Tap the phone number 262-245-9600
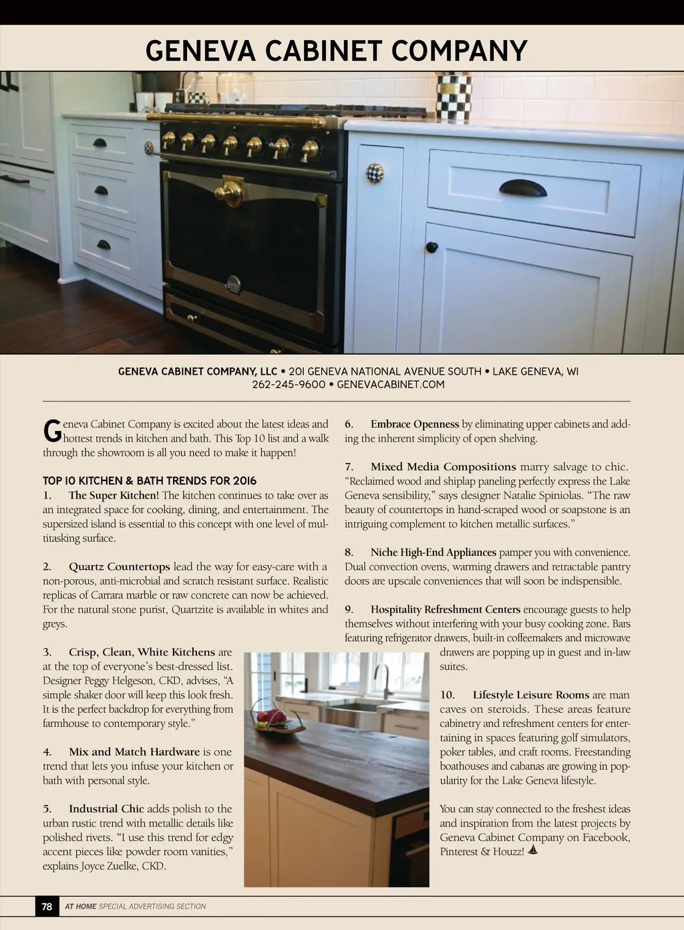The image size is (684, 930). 289,385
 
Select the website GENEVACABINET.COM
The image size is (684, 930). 391,385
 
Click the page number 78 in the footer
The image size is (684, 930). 47,907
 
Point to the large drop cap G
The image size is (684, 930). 51,432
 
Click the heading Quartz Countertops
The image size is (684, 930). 120,567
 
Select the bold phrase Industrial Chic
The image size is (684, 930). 106,808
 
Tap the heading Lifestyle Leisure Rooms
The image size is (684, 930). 531,695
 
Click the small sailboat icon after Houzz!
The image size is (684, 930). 533,850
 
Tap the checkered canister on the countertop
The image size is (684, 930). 454,98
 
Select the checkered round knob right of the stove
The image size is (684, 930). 375,172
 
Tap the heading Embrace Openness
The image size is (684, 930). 415,424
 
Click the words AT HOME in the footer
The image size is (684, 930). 80,907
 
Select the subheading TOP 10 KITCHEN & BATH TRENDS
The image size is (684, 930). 150,481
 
